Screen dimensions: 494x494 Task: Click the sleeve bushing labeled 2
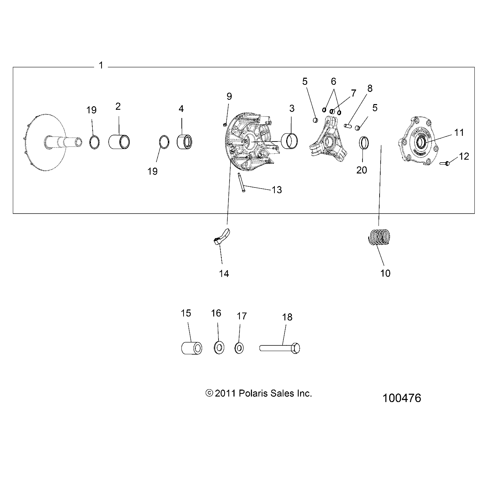[119, 141]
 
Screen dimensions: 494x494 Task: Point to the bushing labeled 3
[290, 141]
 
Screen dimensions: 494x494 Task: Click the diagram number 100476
[401, 398]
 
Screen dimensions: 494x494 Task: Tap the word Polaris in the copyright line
[251, 393]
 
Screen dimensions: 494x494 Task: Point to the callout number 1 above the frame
[101, 65]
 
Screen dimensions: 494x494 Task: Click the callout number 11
[459, 133]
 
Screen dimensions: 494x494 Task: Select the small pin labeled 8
[348, 125]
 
